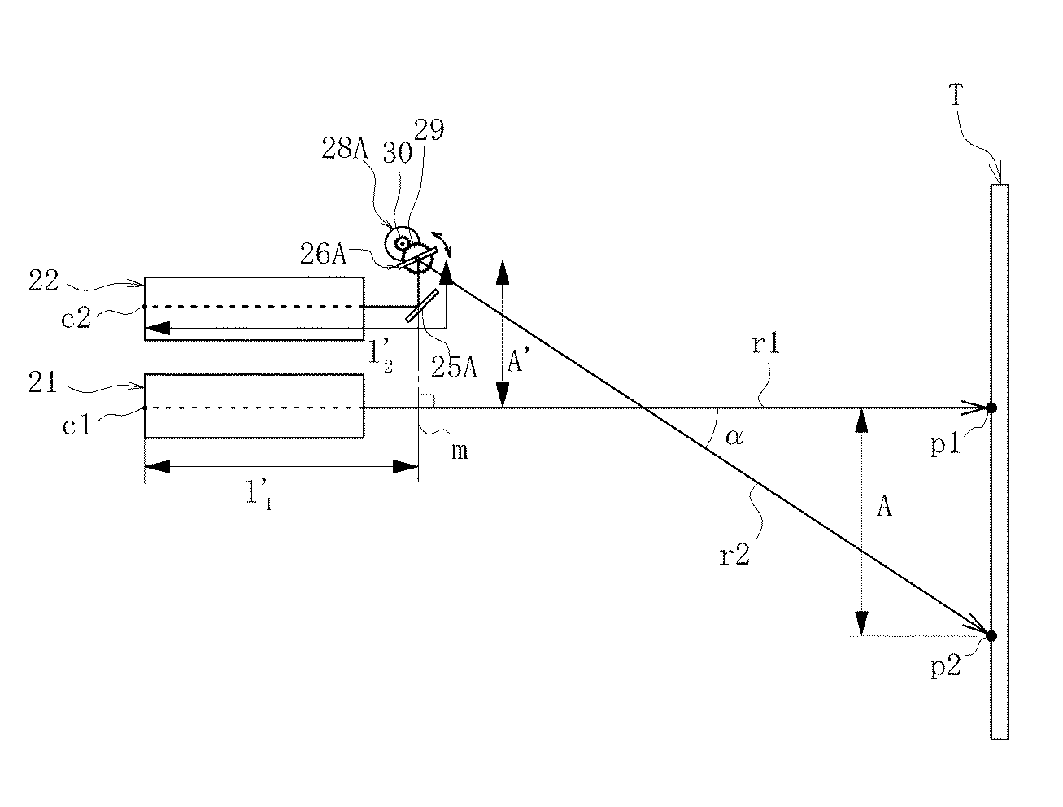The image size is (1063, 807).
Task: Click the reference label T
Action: tap(956, 94)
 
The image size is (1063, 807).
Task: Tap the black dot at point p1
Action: tap(991, 408)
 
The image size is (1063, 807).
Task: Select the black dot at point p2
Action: tap(991, 635)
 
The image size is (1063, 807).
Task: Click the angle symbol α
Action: tap(734, 438)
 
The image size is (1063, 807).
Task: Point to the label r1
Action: tap(765, 344)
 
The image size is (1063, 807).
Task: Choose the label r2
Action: tap(734, 555)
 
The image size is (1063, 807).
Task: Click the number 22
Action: tap(44, 281)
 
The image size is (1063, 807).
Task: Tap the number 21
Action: tap(42, 382)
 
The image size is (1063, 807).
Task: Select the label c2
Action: tap(76, 318)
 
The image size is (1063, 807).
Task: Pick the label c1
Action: tap(76, 425)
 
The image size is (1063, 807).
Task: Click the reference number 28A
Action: tap(345, 148)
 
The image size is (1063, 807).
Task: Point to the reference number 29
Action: tap(429, 130)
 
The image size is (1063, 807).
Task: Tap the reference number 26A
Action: tap(324, 254)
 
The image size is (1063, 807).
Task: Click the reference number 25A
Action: tap(455, 368)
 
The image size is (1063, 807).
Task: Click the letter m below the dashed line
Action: tap(460, 451)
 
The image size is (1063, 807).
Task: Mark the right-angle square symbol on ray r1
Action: tap(426, 401)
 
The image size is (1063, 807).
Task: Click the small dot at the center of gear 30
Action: tap(402, 244)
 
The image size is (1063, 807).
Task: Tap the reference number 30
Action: tap(397, 153)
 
